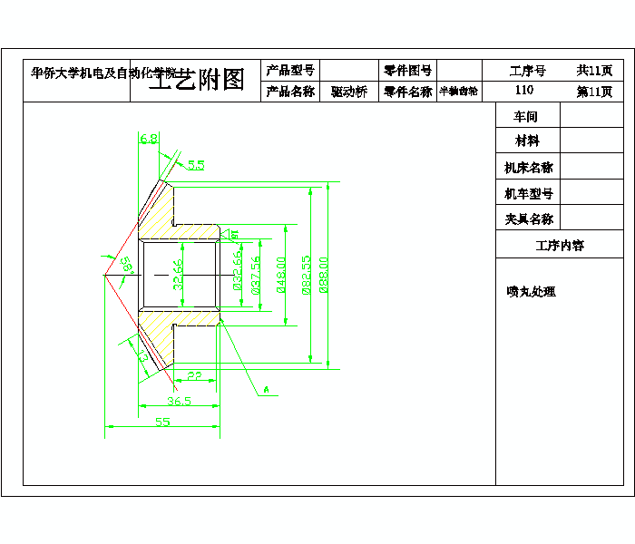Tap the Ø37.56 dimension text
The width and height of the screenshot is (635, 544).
click(256, 273)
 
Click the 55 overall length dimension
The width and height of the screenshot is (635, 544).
click(162, 422)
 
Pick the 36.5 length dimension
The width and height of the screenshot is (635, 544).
click(179, 401)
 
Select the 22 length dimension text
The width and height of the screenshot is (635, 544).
click(194, 375)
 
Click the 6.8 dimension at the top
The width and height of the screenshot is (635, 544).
click(149, 139)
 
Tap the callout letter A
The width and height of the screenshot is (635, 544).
click(267, 390)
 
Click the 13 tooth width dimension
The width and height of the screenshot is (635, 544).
click(143, 357)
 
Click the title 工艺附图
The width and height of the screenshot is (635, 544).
click(197, 80)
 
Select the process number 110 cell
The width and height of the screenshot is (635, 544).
click(524, 91)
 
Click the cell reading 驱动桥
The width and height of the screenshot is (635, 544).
click(349, 92)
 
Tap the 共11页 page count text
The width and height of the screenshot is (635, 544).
click(595, 70)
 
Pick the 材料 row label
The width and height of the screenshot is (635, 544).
click(527, 141)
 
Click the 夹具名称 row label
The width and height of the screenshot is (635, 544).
click(529, 219)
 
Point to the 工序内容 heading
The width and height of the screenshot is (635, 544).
click(560, 245)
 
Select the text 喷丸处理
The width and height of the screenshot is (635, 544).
click(531, 292)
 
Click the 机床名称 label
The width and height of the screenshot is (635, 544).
click(529, 168)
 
